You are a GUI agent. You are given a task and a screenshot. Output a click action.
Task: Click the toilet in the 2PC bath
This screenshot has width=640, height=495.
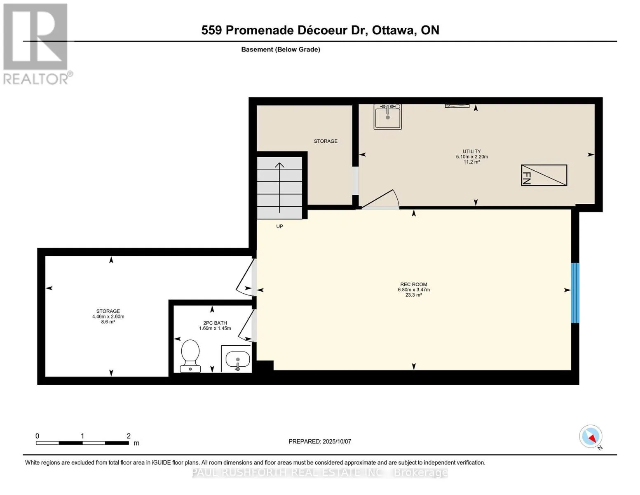tap(190, 356)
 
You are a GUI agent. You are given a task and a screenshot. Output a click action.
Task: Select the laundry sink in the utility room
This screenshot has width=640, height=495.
tap(388, 117)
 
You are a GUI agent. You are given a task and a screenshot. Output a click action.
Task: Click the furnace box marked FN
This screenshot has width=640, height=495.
tap(544, 175)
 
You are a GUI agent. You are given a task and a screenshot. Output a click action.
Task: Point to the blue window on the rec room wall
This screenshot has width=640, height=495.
tap(575, 293)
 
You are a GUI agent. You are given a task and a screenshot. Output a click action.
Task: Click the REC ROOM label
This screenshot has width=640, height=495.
tap(413, 285)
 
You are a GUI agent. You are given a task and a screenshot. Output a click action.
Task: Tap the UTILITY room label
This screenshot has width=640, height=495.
tap(471, 151)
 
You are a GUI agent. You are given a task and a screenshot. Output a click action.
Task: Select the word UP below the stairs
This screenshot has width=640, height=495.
tap(279, 226)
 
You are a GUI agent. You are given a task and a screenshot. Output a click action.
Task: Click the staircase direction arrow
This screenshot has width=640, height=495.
tap(279, 188)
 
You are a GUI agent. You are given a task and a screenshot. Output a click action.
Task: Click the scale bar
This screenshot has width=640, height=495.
tap(82, 443)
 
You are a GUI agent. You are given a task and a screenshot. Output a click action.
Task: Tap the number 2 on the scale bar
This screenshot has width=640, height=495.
tap(129, 436)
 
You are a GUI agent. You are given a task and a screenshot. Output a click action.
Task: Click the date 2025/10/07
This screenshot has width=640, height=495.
tap(337, 441)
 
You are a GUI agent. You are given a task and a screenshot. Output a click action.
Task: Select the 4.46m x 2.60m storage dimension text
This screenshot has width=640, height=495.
tap(108, 317)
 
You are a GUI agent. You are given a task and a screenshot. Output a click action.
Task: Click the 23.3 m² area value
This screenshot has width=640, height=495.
tap(413, 295)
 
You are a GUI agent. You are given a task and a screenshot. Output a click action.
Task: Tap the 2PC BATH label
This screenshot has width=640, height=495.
tap(215, 323)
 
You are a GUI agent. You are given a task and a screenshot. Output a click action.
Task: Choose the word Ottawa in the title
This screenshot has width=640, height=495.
tap(394, 31)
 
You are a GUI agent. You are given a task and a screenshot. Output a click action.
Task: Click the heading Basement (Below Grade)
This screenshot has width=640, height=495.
tap(281, 49)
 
